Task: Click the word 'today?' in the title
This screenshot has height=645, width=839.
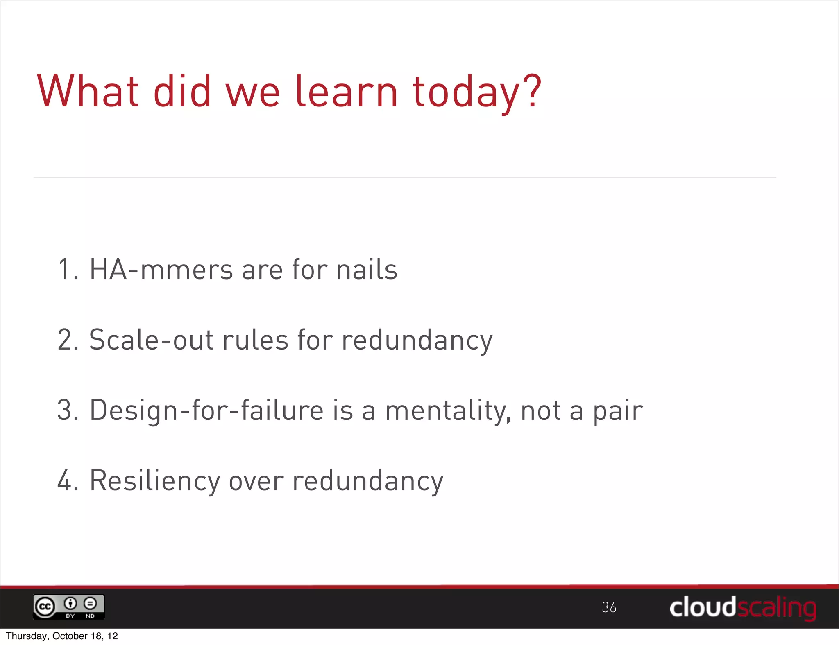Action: point(477,92)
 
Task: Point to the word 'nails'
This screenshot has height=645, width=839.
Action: point(367,270)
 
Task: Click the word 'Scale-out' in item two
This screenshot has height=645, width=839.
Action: point(151,340)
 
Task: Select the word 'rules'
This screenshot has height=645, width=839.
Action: point(255,340)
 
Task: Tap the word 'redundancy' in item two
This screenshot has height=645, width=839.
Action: point(417,341)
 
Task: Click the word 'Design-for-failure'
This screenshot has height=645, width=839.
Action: point(206,410)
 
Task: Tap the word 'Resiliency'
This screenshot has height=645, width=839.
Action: point(155,481)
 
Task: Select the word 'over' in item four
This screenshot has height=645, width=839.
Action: point(256,481)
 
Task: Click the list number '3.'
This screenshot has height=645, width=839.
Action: point(68,410)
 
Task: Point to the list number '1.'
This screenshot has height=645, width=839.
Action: point(68,270)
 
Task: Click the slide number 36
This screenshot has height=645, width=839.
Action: point(609,607)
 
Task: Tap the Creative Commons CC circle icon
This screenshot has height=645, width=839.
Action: point(45,607)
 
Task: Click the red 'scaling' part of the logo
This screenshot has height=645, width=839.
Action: point(777,608)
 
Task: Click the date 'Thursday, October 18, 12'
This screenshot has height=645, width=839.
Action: point(62,636)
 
